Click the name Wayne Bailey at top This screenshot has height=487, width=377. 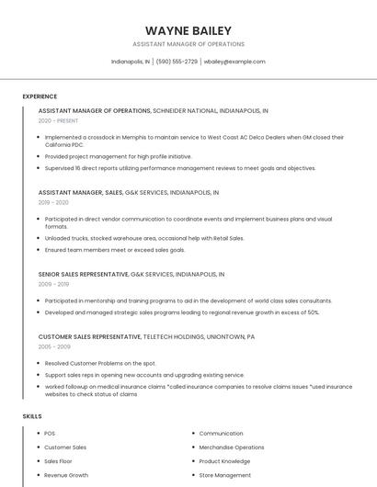pyautogui.click(x=188, y=30)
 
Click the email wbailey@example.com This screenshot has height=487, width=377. pyautogui.click(x=234, y=62)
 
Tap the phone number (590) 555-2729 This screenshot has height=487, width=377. pyautogui.click(x=177, y=62)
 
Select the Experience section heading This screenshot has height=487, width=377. pyautogui.click(x=40, y=96)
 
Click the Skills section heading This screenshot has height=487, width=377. pyautogui.click(x=32, y=416)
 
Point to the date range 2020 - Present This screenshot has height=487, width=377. pyautogui.click(x=59, y=120)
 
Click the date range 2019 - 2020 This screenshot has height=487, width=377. pyautogui.click(x=53, y=202)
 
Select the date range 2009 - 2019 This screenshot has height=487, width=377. pyautogui.click(x=53, y=284)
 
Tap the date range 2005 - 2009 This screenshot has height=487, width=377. pyautogui.click(x=54, y=347)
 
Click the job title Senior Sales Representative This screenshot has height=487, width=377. pyautogui.click(x=84, y=274)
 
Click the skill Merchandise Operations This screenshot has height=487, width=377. pyautogui.click(x=231, y=447)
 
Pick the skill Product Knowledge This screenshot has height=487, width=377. pyautogui.click(x=224, y=461)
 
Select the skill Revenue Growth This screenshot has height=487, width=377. pyautogui.click(x=66, y=475)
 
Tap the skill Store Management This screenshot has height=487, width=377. pyautogui.click(x=224, y=475)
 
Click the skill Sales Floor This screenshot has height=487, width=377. pyautogui.click(x=58, y=461)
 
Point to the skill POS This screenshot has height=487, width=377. pyautogui.click(x=50, y=434)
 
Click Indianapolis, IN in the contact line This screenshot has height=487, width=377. pyautogui.click(x=131, y=62)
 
